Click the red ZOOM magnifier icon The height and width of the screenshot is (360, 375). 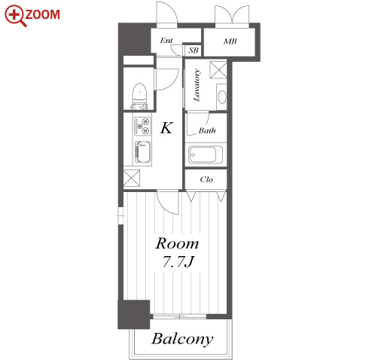point(15,16)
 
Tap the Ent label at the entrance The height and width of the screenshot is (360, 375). point(166,40)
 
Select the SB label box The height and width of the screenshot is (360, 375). point(194,50)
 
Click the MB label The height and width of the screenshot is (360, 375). point(230,41)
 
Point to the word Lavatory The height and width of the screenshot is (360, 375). point(197,85)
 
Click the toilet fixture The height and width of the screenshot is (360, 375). point(139,96)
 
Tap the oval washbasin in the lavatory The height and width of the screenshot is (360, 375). point(222,96)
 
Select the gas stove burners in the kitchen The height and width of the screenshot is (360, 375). point(142,127)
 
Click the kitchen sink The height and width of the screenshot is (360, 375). point(142,152)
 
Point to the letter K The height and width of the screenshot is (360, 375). point(166,127)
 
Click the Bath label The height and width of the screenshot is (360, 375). point(207,130)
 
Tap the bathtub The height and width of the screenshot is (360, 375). point(206,154)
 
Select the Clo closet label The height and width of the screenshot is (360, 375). point(206,179)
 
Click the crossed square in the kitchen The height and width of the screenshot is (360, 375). point(132,178)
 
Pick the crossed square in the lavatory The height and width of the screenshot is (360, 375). point(218,69)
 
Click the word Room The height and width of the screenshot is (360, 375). point(177,243)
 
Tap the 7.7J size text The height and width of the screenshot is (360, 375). point(178,261)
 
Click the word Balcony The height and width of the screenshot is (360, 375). point(182,339)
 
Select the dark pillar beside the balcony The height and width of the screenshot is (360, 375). point(134,314)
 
